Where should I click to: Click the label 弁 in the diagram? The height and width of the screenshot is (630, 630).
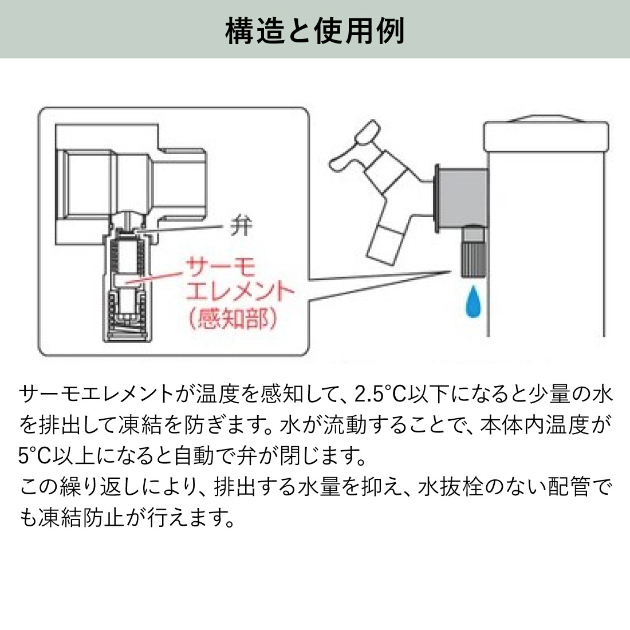(x=241, y=226)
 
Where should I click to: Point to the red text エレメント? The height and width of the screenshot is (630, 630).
(x=240, y=293)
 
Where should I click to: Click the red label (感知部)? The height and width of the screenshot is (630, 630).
(x=233, y=318)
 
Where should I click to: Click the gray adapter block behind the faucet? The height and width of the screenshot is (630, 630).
(x=463, y=195)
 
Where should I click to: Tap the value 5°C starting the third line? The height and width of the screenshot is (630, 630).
(x=35, y=456)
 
